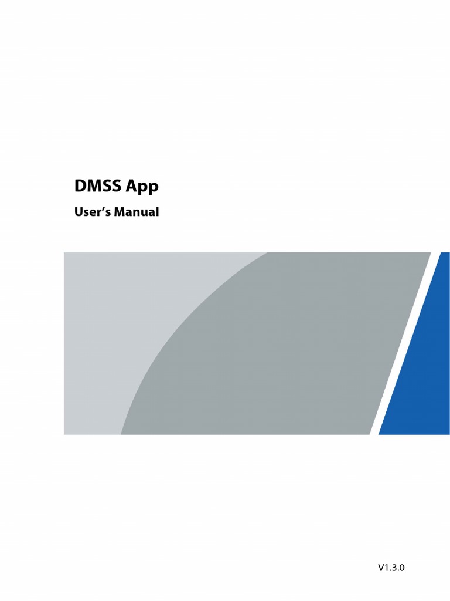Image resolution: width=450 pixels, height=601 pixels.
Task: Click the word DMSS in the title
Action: (99, 187)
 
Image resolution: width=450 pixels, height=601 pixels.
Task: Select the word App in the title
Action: (144, 188)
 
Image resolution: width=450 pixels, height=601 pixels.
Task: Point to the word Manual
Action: (137, 212)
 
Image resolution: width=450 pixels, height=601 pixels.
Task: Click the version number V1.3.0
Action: (391, 568)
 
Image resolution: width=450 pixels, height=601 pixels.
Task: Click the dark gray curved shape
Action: (281, 352)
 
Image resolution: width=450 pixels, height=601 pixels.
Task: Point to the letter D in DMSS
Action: (80, 187)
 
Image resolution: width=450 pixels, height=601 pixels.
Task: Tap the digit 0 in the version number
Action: (402, 568)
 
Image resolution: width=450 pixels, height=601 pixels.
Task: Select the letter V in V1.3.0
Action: (381, 568)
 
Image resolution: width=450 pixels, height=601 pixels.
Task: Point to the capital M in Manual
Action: (120, 212)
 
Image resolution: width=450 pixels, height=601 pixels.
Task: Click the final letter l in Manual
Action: (157, 212)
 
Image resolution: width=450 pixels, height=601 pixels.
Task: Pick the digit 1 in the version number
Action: (387, 568)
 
